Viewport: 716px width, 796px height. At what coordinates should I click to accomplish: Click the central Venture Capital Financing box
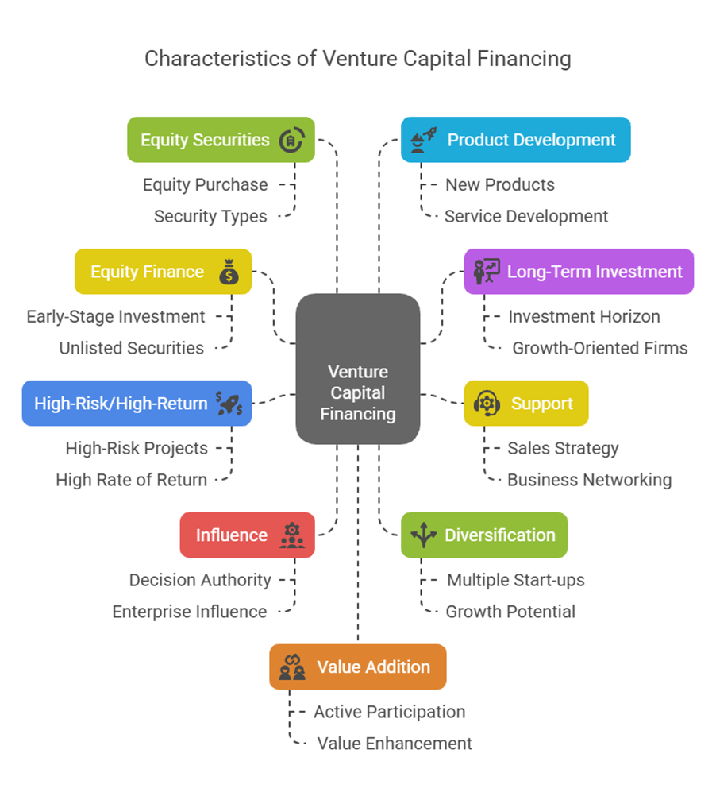358,369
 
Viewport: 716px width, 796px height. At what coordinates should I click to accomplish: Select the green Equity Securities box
221,140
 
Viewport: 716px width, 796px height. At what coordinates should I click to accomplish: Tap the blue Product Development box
515,140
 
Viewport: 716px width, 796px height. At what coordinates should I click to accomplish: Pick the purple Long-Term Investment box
579,272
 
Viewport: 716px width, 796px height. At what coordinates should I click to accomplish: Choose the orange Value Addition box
358,667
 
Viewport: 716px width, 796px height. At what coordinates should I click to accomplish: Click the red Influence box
247,535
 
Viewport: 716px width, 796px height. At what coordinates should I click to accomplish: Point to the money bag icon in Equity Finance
229,272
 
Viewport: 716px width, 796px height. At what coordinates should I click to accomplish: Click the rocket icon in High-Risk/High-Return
229,404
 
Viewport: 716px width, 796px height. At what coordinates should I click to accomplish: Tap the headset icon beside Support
487,404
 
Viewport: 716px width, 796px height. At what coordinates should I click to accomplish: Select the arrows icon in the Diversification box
423,535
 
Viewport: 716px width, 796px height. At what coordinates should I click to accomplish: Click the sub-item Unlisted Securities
131,348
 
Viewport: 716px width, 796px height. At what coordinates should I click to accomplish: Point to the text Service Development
526,216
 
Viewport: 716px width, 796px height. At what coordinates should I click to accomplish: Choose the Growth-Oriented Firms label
599,348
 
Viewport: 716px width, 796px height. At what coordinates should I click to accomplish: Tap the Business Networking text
589,480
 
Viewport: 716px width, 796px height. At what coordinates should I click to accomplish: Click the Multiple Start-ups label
515,580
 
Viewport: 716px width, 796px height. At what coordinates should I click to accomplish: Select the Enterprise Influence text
189,612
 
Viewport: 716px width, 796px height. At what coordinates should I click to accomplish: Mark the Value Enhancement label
395,744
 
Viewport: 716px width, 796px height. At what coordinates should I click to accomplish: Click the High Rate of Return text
131,480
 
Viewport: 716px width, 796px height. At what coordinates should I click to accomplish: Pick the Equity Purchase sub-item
205,184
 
